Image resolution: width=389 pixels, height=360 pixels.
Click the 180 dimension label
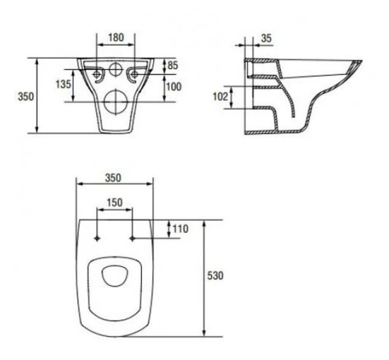click(116, 37)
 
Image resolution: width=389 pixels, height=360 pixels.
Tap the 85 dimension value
click(173, 65)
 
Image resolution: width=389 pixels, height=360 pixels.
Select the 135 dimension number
click(63, 85)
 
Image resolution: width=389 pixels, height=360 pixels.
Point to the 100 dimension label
click(174, 87)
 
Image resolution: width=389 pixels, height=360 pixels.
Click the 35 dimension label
click(267, 38)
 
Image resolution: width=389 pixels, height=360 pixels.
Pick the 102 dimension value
click(220, 97)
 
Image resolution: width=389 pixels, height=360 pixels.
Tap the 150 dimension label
click(114, 203)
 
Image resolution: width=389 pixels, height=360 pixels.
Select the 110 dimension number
click(180, 229)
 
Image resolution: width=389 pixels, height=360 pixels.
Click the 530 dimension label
click(215, 275)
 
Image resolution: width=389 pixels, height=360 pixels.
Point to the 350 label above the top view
click(113, 178)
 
